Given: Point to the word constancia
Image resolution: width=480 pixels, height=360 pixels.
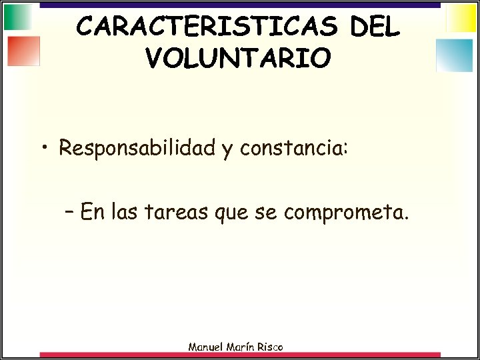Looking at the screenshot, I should pos(293,148).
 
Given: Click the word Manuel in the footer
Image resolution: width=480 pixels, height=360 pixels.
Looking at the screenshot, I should pos(208,347).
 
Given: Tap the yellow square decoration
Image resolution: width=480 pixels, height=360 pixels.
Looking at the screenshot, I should pos(461,18).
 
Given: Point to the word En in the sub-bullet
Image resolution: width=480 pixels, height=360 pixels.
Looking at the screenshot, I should pos(94,213).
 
